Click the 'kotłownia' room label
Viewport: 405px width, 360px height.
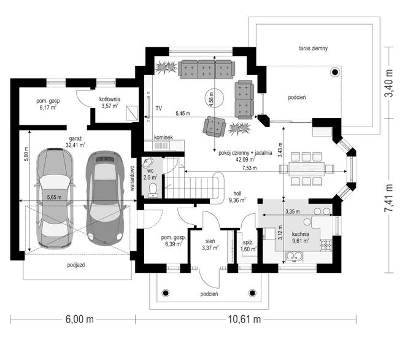(110, 99)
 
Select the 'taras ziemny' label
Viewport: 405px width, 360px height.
(314, 48)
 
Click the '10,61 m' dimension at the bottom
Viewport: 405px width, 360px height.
(244, 319)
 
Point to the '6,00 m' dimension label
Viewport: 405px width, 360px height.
(80, 319)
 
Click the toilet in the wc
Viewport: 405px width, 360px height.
(153, 190)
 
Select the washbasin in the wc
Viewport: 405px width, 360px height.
(147, 163)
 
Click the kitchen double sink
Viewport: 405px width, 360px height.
(294, 256)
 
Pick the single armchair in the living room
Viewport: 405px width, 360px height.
(214, 127)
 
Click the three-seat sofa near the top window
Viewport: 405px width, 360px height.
(207, 69)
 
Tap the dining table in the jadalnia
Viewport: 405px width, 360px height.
(307, 169)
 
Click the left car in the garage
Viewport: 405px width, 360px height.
(55, 198)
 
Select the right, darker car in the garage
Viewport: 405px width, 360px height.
(105, 198)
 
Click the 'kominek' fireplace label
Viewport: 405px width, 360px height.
(163, 138)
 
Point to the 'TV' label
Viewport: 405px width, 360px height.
(158, 108)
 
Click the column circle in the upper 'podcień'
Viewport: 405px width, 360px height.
(335, 72)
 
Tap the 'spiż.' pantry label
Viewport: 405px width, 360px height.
(248, 242)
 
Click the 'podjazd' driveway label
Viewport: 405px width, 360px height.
(76, 265)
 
